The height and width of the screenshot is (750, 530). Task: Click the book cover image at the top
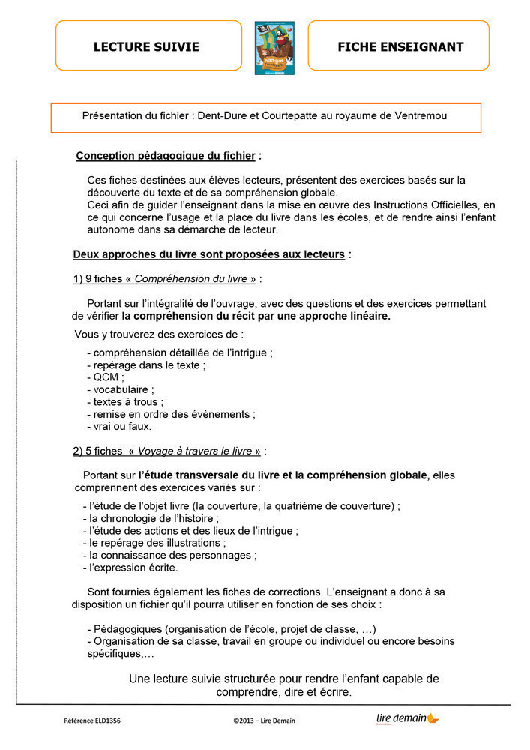(274, 47)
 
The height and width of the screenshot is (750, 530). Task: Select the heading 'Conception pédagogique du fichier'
(166, 157)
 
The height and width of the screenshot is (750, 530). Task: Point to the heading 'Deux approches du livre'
(208, 254)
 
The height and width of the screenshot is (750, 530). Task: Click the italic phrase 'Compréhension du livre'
(191, 279)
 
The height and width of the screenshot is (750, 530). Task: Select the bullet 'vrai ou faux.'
(120, 426)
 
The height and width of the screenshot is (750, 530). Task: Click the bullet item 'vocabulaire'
(122, 389)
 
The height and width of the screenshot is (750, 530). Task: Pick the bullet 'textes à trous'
(127, 401)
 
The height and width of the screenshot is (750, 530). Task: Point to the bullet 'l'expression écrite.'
(132, 568)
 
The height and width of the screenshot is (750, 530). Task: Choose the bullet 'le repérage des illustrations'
(156, 543)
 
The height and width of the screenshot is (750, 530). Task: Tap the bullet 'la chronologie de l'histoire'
(152, 518)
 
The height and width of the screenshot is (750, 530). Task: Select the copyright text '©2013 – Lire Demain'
(264, 721)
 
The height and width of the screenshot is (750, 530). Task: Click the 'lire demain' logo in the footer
(407, 719)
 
